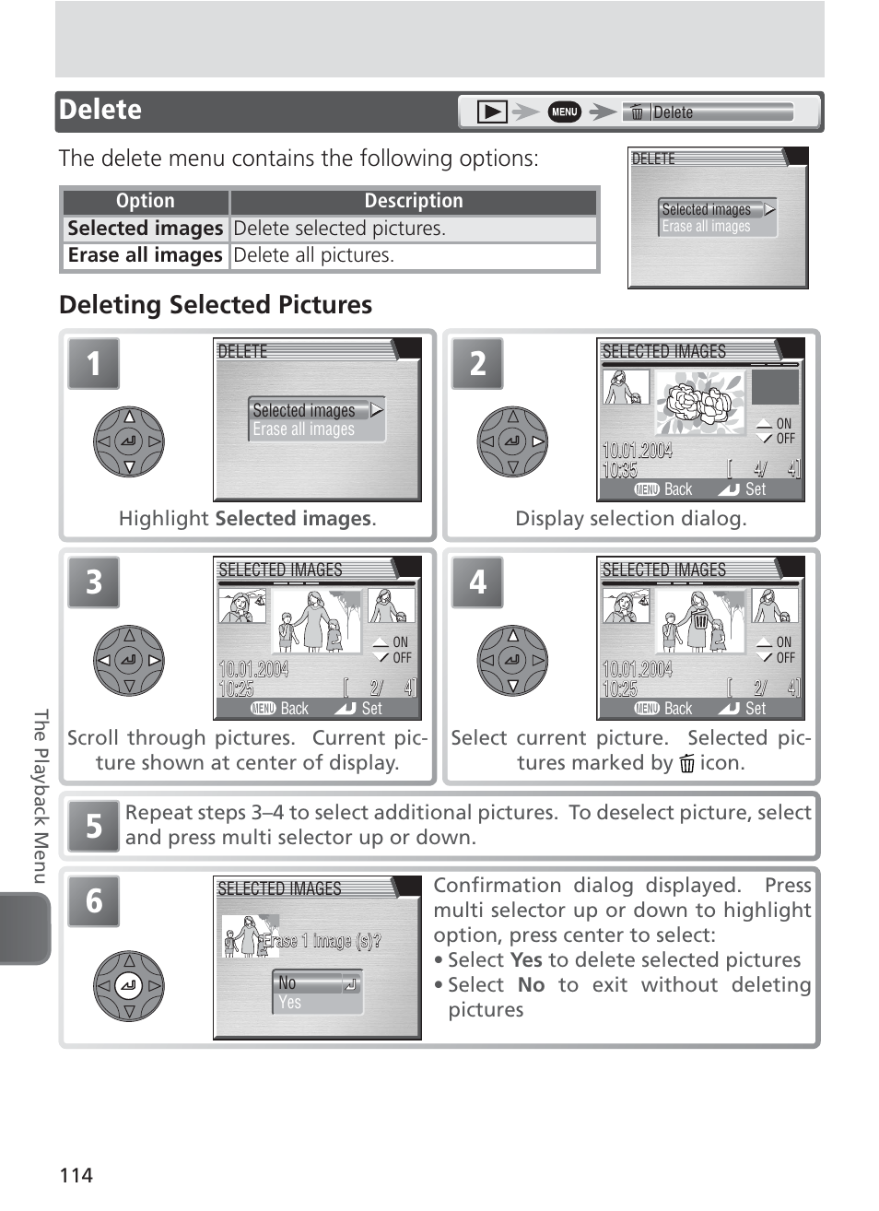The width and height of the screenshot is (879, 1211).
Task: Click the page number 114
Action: (76, 1175)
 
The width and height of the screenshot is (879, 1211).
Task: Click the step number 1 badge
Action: (93, 363)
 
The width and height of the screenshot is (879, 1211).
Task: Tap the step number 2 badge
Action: (477, 363)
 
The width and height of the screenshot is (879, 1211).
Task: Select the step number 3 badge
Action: (93, 582)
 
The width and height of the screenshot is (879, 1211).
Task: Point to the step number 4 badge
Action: (477, 582)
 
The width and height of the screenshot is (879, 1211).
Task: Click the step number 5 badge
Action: (93, 826)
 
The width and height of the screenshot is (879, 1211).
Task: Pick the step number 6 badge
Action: (93, 900)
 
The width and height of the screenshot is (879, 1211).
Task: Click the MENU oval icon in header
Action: (565, 112)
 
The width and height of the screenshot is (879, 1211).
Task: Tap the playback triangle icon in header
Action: (492, 112)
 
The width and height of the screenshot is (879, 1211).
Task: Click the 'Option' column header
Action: (146, 201)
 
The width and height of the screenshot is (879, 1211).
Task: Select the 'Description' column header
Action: (414, 201)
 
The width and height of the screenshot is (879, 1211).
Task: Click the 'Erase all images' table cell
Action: (146, 255)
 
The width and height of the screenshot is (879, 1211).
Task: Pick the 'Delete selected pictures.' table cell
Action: (413, 229)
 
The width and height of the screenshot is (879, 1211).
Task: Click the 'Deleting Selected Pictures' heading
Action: (216, 305)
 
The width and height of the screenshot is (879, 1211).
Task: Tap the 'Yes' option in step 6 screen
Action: (290, 1003)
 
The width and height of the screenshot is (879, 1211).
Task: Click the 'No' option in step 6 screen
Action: (287, 983)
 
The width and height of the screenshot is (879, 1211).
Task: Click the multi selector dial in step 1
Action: (129, 441)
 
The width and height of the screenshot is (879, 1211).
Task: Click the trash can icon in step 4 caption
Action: (686, 763)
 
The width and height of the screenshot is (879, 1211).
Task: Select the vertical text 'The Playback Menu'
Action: (40, 796)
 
